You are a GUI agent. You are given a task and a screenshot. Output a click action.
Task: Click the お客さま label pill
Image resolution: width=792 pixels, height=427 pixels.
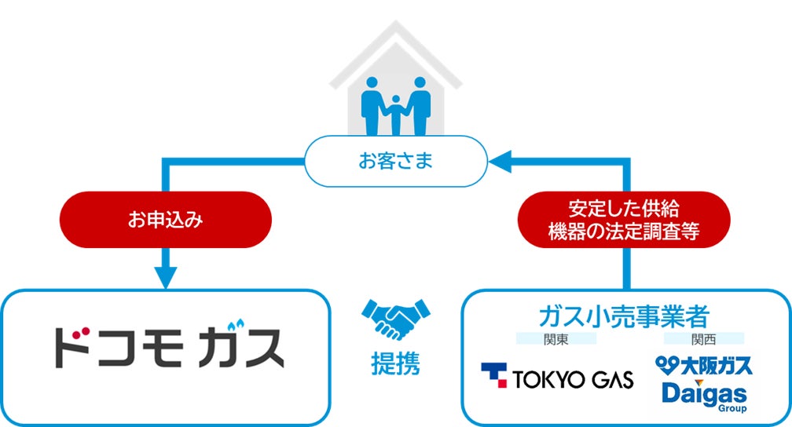[396, 162]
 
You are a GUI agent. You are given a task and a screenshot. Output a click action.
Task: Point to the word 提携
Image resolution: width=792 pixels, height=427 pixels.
[395, 363]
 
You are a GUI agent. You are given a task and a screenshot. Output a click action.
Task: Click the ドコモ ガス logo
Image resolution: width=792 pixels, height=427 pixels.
[168, 347]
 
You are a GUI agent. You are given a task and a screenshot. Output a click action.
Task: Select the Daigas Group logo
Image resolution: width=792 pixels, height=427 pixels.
[704, 394]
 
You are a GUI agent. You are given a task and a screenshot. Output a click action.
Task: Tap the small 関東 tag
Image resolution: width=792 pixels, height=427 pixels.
[555, 339]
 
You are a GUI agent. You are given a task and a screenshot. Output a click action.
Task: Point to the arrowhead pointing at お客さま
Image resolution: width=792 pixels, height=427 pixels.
[500, 162]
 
